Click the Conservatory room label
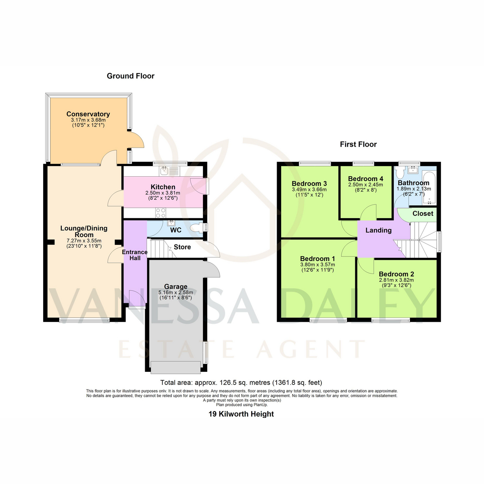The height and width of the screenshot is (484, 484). [88, 114]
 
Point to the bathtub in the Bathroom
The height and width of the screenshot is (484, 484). [429, 188]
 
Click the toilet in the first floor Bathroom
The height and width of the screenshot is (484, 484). [399, 172]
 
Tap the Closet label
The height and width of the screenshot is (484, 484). [423, 214]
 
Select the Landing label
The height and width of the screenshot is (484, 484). [378, 230]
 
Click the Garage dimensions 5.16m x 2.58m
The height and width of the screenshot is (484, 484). [175, 292]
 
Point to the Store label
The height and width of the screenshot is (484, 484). [182, 247]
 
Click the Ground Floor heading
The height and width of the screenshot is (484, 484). [131, 76]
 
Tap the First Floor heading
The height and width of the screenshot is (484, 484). [358, 144]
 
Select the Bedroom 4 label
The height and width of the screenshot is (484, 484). [365, 179]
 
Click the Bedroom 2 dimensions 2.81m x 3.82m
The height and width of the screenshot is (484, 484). [396, 280]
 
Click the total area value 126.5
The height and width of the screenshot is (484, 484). [228, 382]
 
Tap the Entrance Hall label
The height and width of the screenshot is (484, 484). [135, 255]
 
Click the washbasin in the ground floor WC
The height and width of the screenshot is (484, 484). [171, 223]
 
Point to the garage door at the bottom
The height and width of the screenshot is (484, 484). [175, 367]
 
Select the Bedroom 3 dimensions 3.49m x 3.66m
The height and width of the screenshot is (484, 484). [309, 190]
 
